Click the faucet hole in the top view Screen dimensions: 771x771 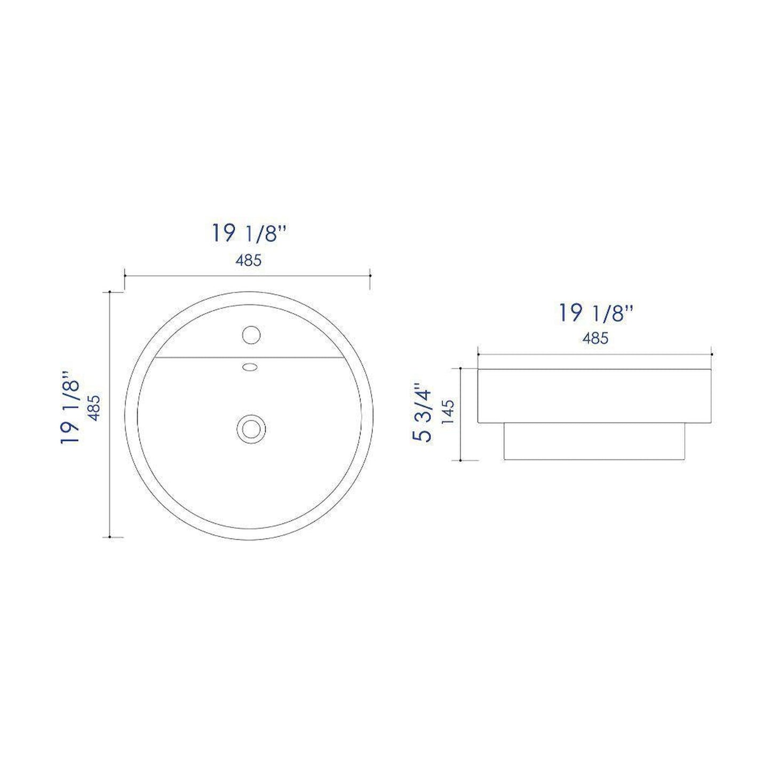click(x=250, y=335)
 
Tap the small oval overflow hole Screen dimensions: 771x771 click(x=249, y=367)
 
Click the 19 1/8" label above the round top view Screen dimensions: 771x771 click(x=251, y=234)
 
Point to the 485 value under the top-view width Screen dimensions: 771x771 click(x=249, y=260)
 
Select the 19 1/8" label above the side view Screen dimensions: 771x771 click(x=595, y=313)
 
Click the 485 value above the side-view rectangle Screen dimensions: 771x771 click(x=595, y=338)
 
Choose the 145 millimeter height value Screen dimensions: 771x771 click(x=448, y=411)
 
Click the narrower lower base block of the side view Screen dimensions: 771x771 click(x=594, y=442)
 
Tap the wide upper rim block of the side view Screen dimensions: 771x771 click(x=595, y=396)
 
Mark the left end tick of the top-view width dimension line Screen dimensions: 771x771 click(x=124, y=275)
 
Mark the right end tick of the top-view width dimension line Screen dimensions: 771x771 click(x=371, y=275)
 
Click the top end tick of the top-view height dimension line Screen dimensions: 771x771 click(x=110, y=292)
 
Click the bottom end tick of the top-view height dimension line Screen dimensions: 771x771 click(x=110, y=537)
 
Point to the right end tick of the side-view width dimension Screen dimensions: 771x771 click(x=712, y=354)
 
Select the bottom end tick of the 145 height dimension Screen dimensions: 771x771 click(x=460, y=460)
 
